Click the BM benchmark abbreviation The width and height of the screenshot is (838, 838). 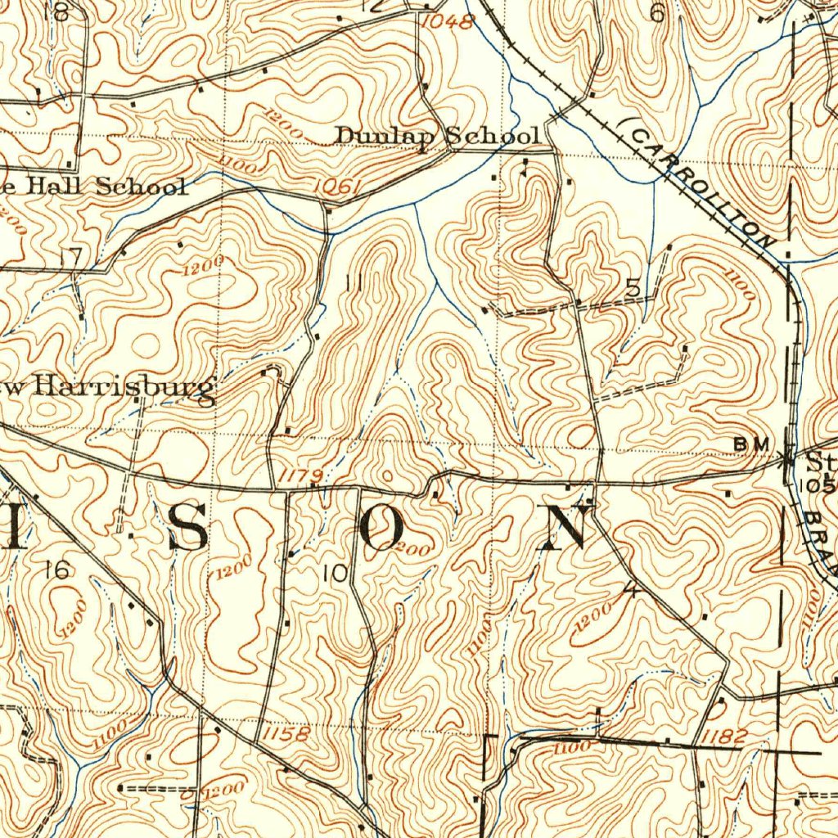[x=751, y=443]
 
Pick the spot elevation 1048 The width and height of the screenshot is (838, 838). [x=448, y=22]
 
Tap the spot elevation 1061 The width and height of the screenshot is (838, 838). [x=337, y=187]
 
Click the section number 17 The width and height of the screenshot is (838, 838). [x=71, y=257]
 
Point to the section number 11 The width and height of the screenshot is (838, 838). [x=354, y=284]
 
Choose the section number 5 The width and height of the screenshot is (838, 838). [x=633, y=287]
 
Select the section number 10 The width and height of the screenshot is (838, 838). [x=335, y=574]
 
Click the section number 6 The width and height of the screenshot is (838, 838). [x=656, y=12]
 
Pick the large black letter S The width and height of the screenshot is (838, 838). [x=188, y=528]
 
